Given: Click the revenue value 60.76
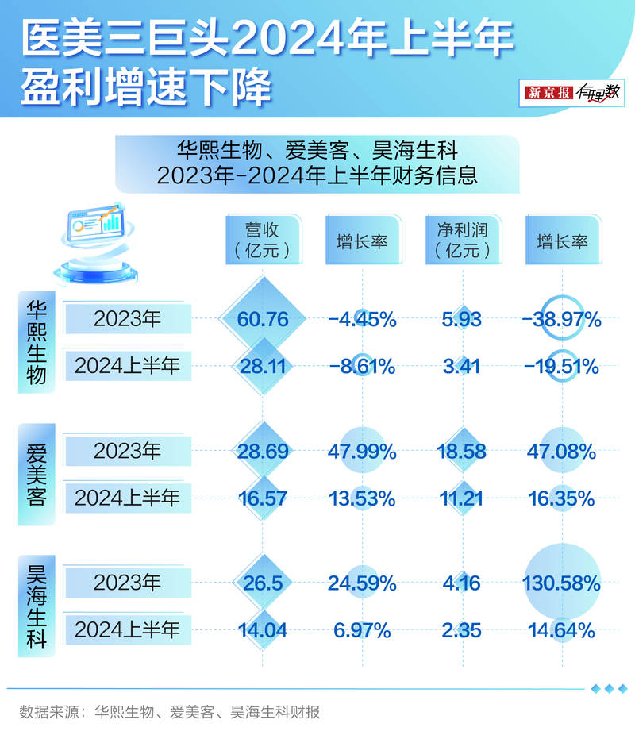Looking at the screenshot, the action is click(263, 319).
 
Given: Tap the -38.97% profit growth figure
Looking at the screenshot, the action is click(561, 319).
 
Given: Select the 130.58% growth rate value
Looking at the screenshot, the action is click(561, 583).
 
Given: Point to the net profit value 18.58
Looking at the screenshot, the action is click(462, 452).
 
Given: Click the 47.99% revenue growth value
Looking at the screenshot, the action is click(362, 452).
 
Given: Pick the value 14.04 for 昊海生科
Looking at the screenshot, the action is click(263, 630).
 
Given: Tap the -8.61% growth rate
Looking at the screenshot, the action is click(362, 366).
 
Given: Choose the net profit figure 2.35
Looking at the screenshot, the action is click(462, 630).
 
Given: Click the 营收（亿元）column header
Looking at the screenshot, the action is click(263, 240).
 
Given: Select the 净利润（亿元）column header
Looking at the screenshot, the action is click(463, 240).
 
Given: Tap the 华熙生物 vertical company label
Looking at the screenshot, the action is click(37, 342).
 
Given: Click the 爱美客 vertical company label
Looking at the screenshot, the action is click(37, 475).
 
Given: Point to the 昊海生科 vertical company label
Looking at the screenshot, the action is click(37, 606).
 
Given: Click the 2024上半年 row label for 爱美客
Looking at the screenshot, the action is click(127, 498).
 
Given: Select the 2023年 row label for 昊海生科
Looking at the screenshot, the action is click(127, 583).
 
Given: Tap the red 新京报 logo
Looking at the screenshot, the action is click(548, 93).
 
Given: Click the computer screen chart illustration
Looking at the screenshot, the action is click(97, 225).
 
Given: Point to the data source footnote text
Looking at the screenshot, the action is click(170, 712).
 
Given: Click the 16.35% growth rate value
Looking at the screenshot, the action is click(561, 498).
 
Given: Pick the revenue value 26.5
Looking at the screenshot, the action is click(263, 583).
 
